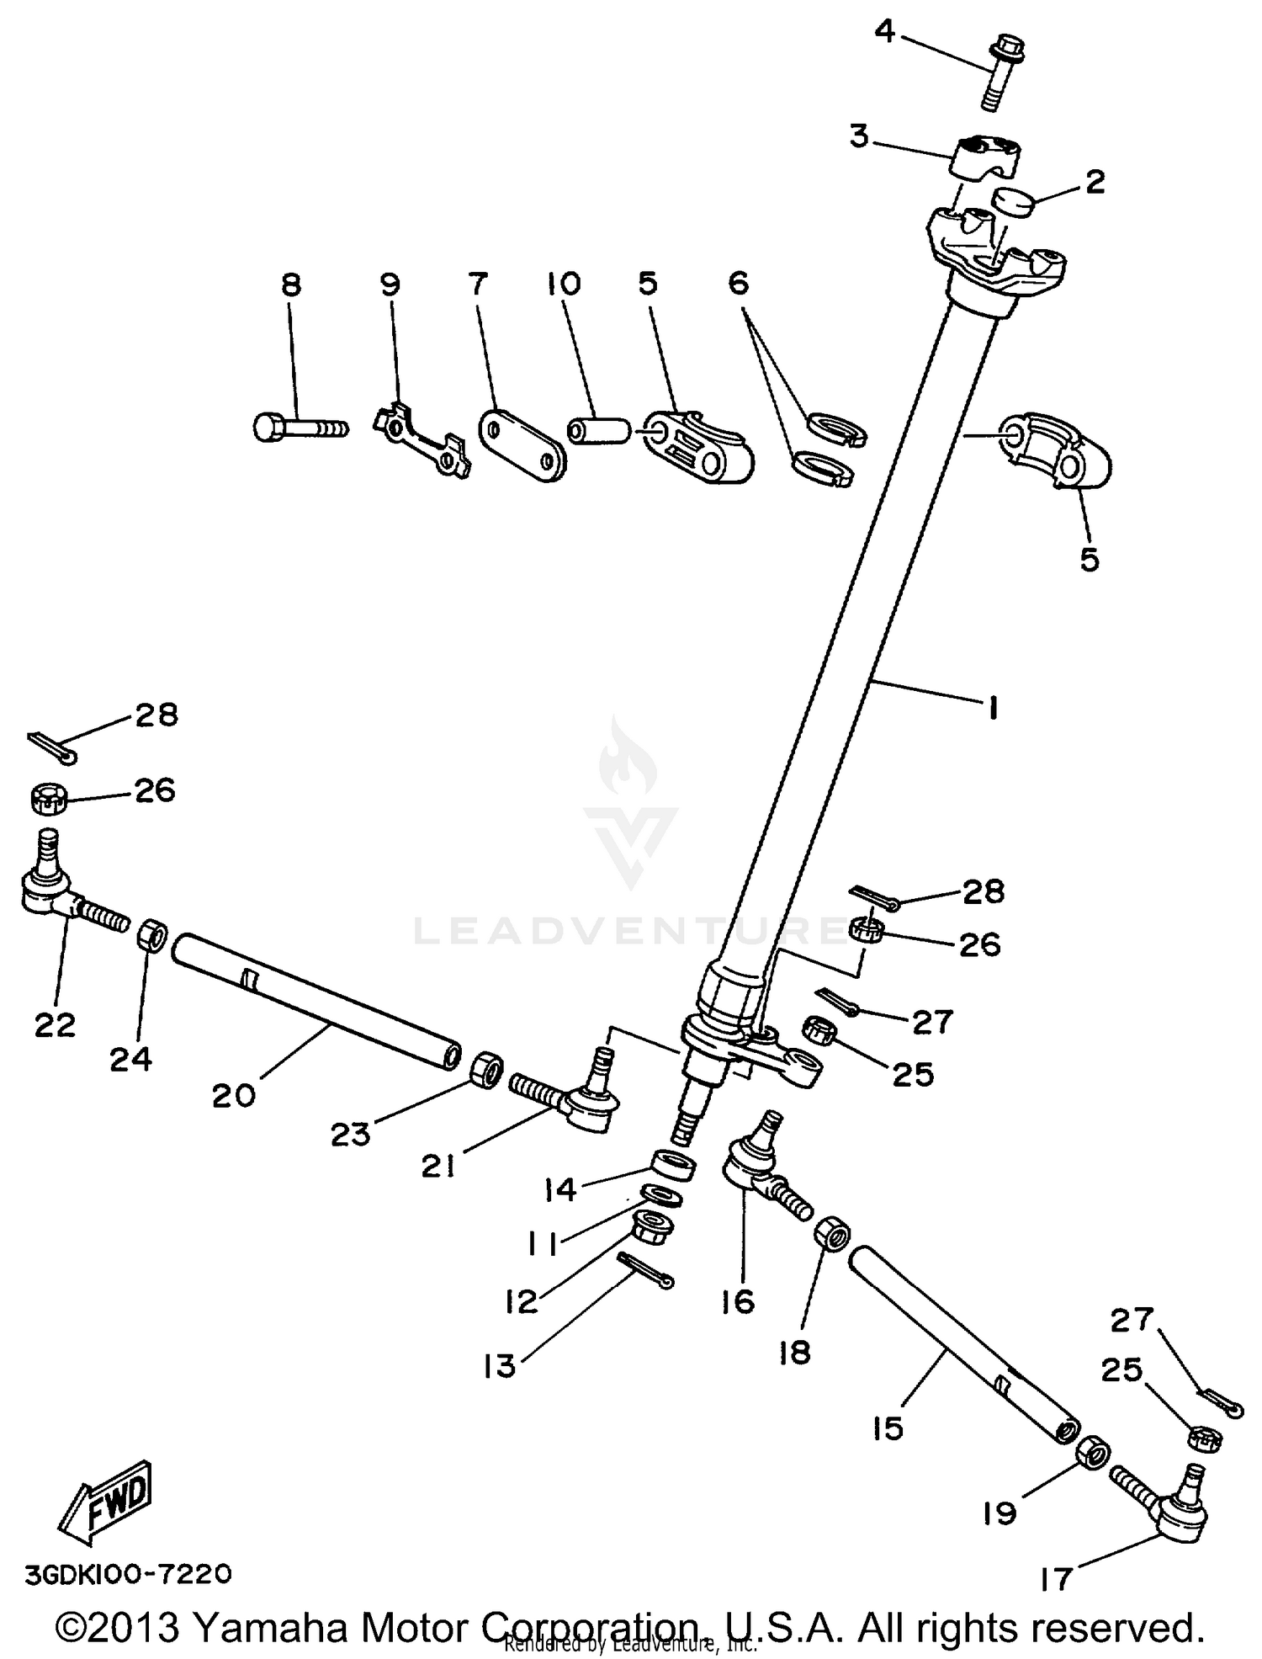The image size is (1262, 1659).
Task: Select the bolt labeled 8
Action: [299, 427]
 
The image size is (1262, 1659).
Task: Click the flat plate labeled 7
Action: [522, 444]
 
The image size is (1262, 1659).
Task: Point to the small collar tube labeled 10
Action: [598, 430]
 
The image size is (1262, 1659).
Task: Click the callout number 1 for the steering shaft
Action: [993, 709]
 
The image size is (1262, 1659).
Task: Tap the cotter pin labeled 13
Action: [645, 1270]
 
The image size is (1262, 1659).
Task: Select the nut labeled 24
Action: [151, 935]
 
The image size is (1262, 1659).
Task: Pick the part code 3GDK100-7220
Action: [127, 1573]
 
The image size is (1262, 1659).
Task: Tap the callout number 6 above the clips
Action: [737, 284]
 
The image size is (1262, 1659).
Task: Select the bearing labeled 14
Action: [674, 1167]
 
